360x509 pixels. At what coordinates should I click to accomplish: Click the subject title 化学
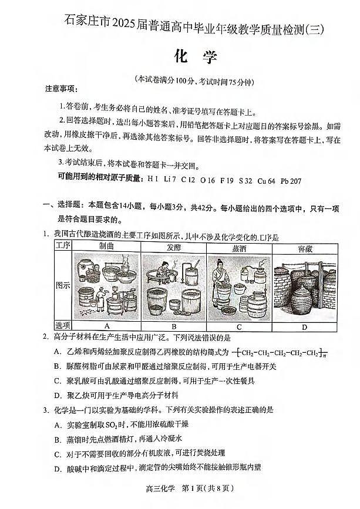196,58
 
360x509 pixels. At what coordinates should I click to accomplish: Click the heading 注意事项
60,89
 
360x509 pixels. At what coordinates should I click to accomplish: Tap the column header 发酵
173,247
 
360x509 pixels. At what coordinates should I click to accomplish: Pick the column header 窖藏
304,247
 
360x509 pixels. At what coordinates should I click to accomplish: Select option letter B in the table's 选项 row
173,326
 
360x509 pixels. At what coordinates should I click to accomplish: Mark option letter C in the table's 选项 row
240,326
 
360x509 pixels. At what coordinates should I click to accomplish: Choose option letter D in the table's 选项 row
304,326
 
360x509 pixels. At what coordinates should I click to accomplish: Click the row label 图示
62,286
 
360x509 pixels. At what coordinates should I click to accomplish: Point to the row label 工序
62,247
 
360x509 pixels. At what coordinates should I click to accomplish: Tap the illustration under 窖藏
304,286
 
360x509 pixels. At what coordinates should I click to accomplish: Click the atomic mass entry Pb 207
291,181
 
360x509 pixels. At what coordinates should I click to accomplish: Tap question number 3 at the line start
45,409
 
